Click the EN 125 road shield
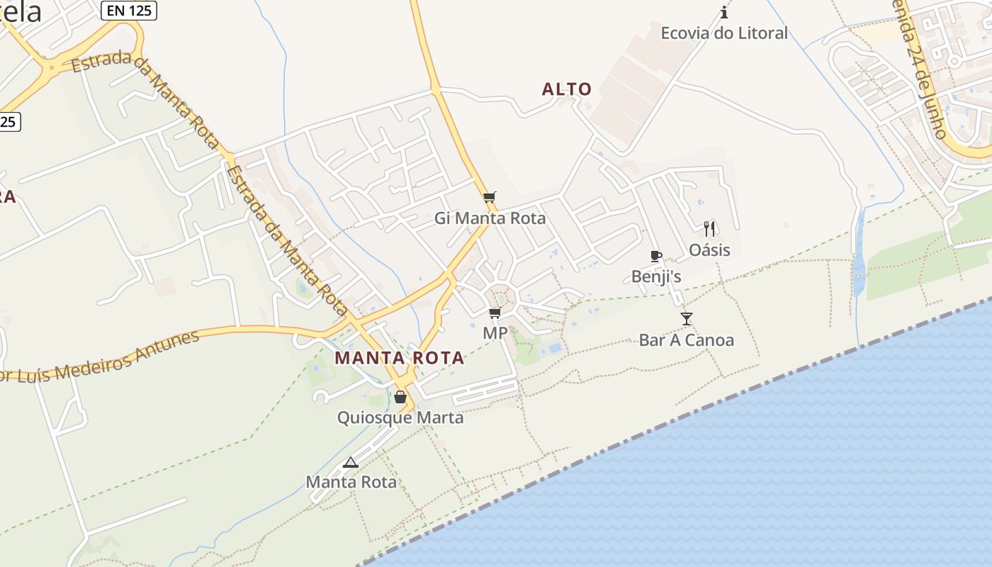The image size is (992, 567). [128, 11]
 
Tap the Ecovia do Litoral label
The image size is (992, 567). [724, 33]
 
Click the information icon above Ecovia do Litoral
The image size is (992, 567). [724, 12]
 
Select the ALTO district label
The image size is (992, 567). [567, 89]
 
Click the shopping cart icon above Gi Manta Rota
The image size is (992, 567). [489, 198]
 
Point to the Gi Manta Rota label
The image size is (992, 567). [490, 218]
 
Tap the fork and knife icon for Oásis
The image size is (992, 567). [709, 228]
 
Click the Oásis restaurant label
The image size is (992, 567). [709, 250]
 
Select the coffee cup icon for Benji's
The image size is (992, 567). [655, 256]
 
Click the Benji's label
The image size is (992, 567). [656, 276]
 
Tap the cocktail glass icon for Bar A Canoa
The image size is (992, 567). [686, 319]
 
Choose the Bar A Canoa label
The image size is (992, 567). [686, 340]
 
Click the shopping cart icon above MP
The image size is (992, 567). [495, 313]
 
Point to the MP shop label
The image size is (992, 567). [495, 333]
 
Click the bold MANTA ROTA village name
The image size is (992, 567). [400, 358]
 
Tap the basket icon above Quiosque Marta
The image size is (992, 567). [400, 397]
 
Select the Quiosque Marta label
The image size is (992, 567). [400, 417]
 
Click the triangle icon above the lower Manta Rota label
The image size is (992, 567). [350, 463]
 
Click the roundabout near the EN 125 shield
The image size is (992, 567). [50, 68]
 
